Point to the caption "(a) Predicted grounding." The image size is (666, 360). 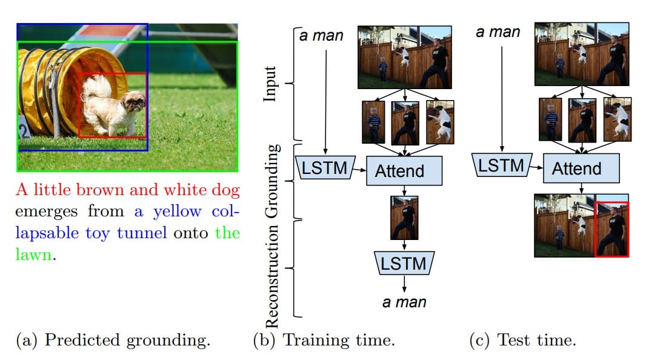click(113, 340)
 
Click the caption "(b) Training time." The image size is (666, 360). click(324, 340)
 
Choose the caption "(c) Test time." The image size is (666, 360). click(522, 340)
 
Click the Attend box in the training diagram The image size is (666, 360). click(404, 171)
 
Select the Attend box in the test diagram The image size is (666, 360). click(581, 168)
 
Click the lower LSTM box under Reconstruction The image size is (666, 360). click(404, 264)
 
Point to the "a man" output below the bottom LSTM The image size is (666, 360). click(404, 301)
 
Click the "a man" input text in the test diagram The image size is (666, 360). click(498, 32)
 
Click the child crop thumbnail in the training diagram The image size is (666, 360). click(373, 122)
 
